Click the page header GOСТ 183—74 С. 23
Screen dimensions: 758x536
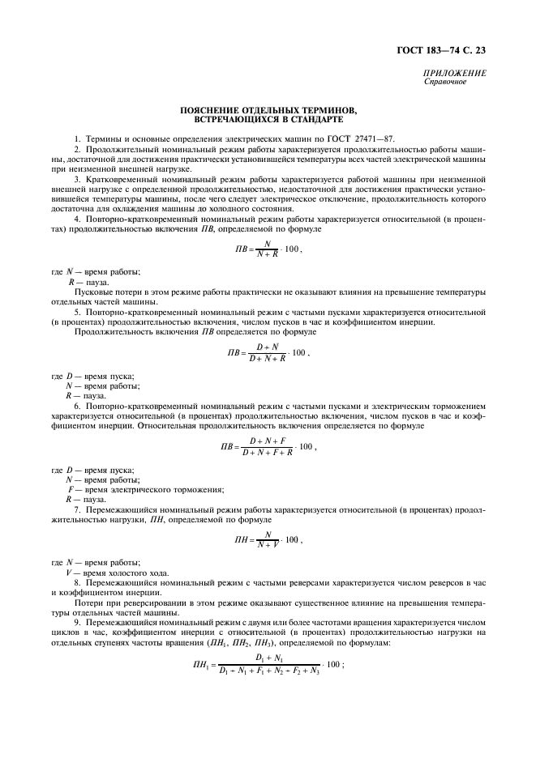447,51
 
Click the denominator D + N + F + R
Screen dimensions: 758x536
268,451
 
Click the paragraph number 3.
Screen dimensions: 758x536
76,177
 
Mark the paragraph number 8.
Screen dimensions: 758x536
76,583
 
